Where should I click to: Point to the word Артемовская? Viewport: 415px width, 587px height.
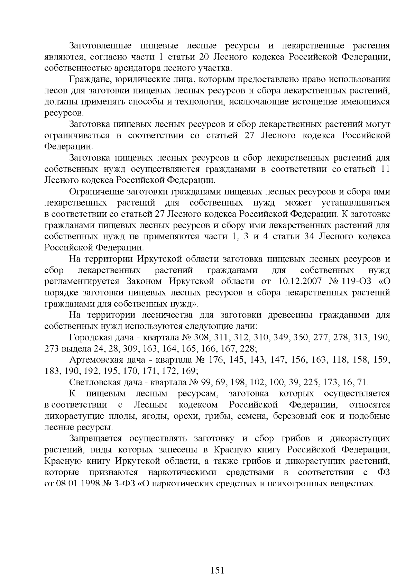tap(96, 360)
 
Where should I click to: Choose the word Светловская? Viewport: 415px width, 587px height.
tap(94, 382)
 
